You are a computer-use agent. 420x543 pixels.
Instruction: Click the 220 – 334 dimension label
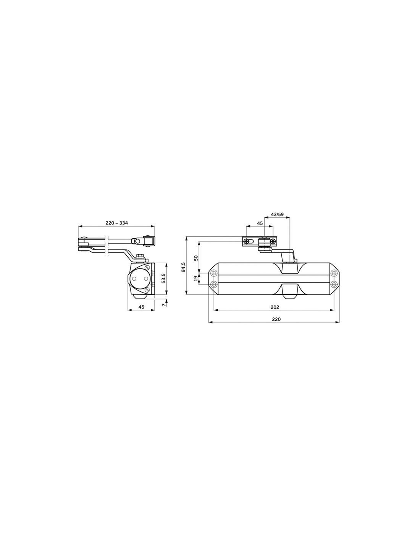click(117, 223)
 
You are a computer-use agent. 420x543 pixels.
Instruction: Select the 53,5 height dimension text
click(163, 278)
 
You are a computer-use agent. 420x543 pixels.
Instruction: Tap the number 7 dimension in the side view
click(163, 305)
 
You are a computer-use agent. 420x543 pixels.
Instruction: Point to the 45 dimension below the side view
click(141, 307)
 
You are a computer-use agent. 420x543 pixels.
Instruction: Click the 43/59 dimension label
click(277, 214)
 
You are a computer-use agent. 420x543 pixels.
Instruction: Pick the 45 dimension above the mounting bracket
click(260, 223)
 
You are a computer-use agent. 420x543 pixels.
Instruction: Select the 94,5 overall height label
click(183, 267)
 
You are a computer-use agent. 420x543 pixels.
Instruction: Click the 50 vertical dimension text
click(196, 258)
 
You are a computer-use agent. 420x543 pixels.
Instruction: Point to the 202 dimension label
click(275, 307)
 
